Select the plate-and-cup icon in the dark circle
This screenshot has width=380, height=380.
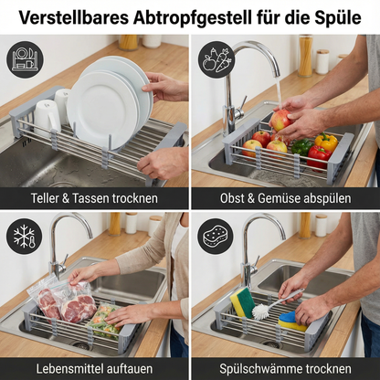pos(25,58)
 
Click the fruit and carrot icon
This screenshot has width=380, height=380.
pos(216,60)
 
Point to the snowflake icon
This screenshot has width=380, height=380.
pos(25,237)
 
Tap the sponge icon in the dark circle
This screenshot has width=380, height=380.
pos(216,237)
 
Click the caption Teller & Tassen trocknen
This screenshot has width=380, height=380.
pos(94,198)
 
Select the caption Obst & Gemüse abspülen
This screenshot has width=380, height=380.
pos(285,198)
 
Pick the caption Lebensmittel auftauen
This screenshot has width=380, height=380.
pos(94,368)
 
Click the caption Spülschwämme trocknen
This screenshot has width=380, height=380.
pos(285,368)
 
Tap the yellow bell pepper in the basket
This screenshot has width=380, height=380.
pos(325,143)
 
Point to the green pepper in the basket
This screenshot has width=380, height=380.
pos(301,147)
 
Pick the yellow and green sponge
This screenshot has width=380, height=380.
pos(241,302)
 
